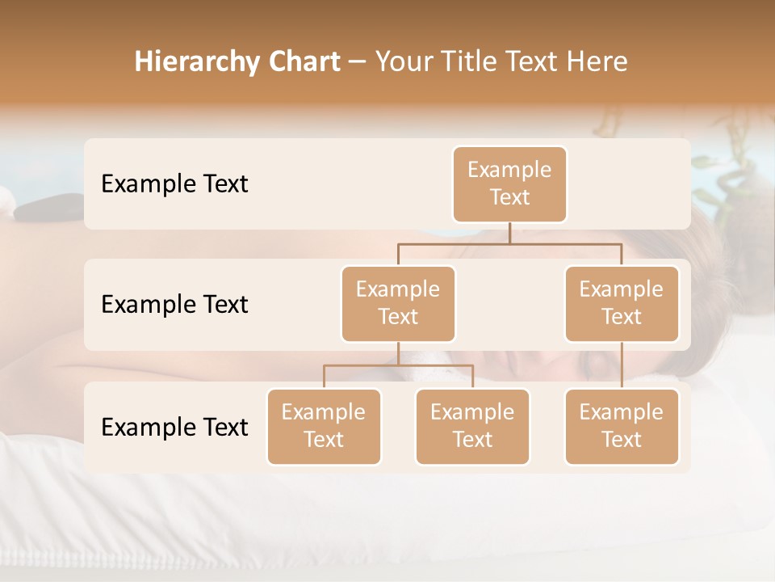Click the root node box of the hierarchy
click(x=509, y=184)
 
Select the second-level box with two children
click(x=398, y=304)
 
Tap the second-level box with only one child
click(x=622, y=304)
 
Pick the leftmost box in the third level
click(x=324, y=427)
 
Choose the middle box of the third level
click(x=472, y=427)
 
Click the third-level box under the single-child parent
click(x=622, y=427)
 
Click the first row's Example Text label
click(x=174, y=184)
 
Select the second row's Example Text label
click(x=174, y=305)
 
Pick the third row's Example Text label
click(x=174, y=427)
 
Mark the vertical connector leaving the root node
click(x=509, y=233)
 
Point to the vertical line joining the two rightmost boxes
click(x=622, y=365)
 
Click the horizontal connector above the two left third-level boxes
click(x=398, y=365)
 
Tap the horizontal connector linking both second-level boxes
click(x=509, y=243)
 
